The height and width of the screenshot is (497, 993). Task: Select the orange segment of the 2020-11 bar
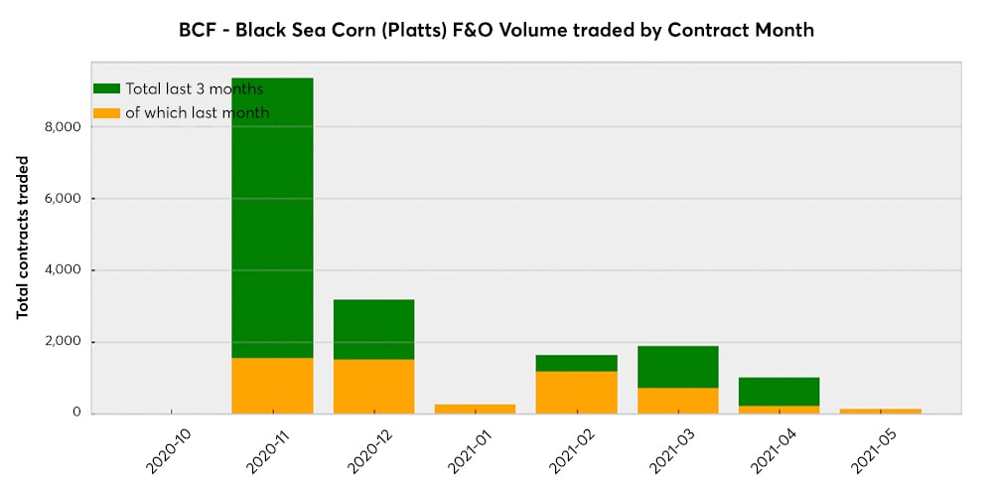click(272, 386)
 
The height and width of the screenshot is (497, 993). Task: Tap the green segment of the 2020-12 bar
click(373, 329)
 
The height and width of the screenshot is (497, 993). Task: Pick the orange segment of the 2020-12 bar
click(373, 387)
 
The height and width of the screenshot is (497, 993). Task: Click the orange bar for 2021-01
click(475, 409)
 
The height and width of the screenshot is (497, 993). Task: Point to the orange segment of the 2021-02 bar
click(576, 393)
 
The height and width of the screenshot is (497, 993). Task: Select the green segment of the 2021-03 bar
click(677, 367)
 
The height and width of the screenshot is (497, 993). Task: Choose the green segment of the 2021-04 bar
click(779, 392)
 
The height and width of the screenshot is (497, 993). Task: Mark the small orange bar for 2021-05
click(880, 411)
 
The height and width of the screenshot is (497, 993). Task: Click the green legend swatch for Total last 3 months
click(106, 88)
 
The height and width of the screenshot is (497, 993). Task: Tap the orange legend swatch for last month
click(106, 112)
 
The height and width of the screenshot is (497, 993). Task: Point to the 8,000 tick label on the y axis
click(63, 127)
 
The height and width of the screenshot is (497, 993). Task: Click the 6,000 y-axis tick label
click(63, 199)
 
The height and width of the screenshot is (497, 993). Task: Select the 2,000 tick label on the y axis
click(63, 342)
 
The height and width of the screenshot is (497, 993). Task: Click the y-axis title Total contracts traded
click(22, 238)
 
